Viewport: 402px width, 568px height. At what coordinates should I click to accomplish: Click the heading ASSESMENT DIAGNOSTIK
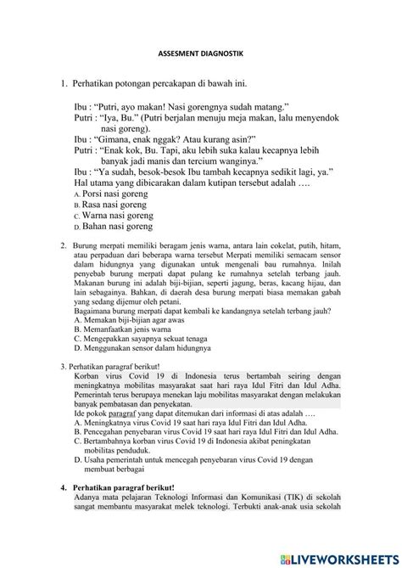200,53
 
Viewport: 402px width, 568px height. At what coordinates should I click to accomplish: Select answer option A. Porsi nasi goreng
110,194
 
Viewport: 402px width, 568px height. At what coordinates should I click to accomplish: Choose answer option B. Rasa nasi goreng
110,205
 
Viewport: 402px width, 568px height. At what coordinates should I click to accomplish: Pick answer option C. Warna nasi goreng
113,217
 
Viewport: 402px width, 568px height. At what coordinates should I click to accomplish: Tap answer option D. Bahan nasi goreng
113,228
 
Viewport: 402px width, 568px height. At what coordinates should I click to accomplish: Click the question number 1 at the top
64,82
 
